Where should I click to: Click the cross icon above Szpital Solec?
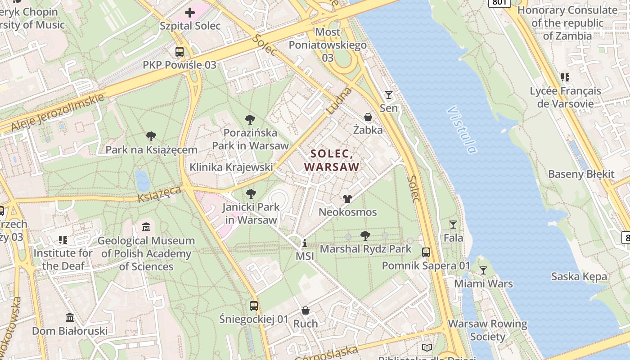click(190, 13)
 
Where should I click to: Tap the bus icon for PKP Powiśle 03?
click(180, 52)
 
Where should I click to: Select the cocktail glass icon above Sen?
click(388, 95)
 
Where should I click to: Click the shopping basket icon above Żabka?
click(368, 117)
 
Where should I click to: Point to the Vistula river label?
click(462, 130)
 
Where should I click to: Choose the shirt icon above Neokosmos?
click(347, 198)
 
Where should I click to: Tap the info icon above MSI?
click(305, 243)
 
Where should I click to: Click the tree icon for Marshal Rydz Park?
click(365, 235)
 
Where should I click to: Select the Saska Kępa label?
click(579, 276)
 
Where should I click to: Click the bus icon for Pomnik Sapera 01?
click(426, 252)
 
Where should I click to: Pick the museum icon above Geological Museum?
click(146, 227)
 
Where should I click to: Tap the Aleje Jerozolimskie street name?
click(57, 113)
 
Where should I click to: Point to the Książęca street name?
click(160, 194)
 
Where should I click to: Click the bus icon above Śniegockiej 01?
click(254, 306)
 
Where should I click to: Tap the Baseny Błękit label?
click(581, 174)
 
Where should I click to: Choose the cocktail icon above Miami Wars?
click(483, 270)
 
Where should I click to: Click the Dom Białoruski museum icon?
click(70, 318)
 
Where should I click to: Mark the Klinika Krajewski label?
click(231, 167)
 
